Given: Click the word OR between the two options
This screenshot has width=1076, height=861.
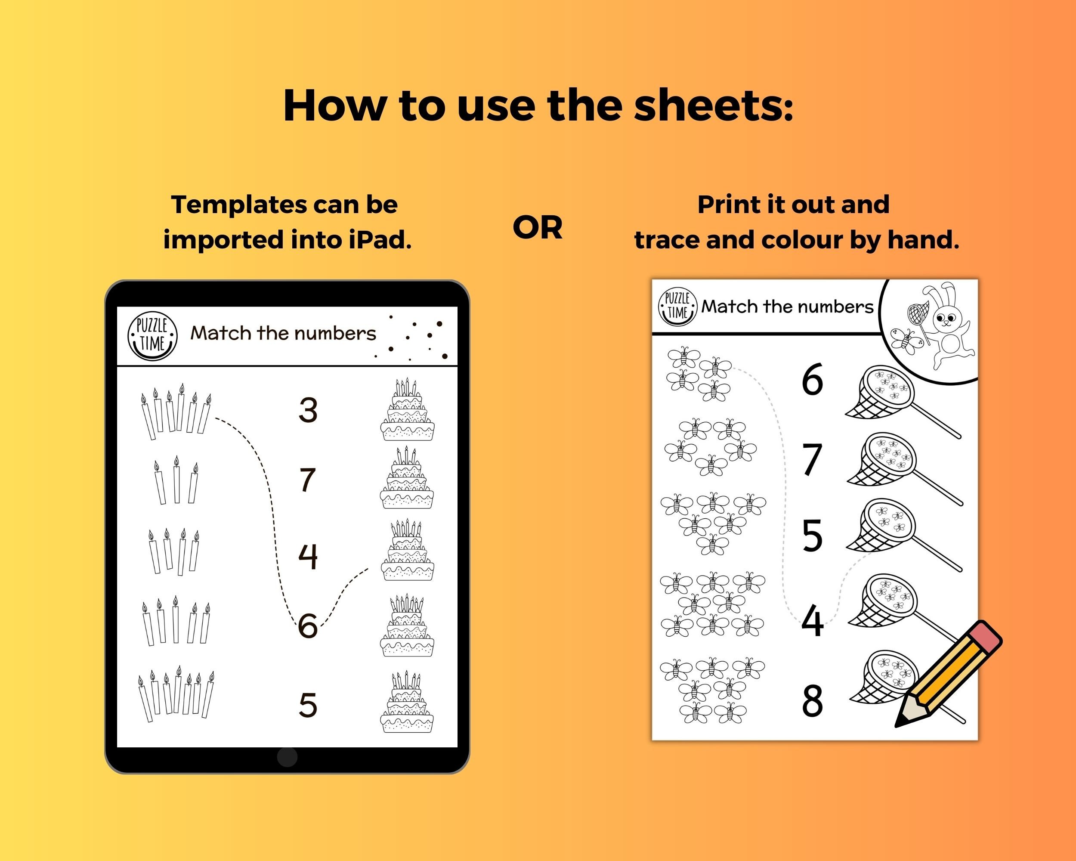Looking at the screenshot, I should coord(538,228).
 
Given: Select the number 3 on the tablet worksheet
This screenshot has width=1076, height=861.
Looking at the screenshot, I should coord(308,410).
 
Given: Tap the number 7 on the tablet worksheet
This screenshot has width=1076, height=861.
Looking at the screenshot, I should coord(307,480).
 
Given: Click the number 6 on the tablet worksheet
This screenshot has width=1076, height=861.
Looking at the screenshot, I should coord(308,626).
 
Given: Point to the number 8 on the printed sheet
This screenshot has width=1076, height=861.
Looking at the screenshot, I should coord(812,701).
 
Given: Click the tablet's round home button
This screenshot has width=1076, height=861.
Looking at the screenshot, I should coord(287,757).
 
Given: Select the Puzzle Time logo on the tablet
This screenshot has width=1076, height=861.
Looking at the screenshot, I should coord(153,335).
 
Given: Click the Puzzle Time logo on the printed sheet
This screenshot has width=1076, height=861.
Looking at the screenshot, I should coord(678,306).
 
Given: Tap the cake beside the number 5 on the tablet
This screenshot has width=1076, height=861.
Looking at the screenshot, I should coord(407,702).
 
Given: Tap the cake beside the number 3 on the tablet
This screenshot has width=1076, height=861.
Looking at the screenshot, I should coord(407,410).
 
